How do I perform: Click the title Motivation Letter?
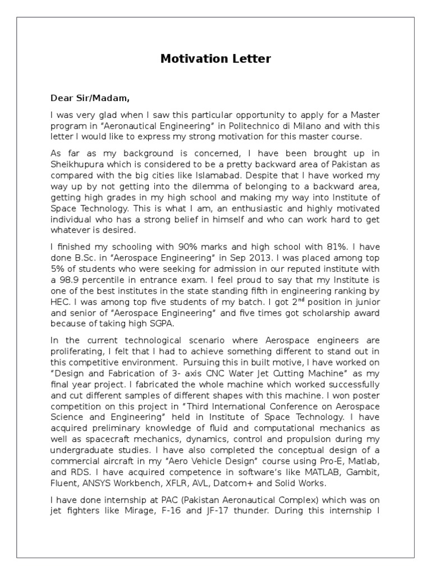(x=215, y=58)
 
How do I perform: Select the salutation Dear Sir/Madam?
(x=90, y=98)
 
